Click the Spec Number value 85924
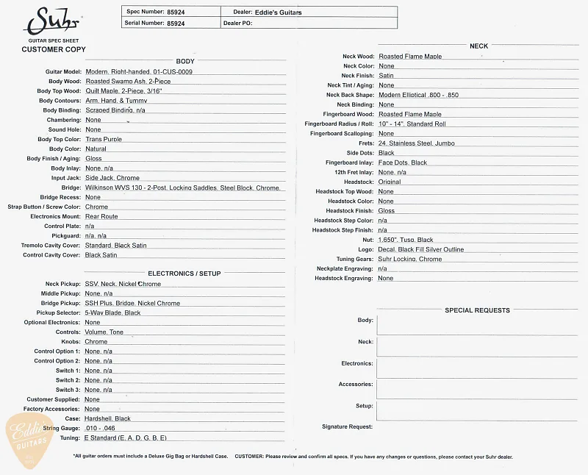point(176,12)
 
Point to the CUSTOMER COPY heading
point(54,49)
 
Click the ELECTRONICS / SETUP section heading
point(184,274)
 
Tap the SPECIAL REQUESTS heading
point(477,310)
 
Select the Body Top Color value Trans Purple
point(104,139)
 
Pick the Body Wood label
point(65,81)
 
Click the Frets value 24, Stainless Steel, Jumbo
point(417,143)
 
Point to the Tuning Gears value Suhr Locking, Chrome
point(410,259)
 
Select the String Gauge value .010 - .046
point(100,428)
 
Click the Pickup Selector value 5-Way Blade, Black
point(112,312)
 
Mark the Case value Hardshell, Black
point(107,418)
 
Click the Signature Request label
point(347,426)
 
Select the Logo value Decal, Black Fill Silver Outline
point(421,249)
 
